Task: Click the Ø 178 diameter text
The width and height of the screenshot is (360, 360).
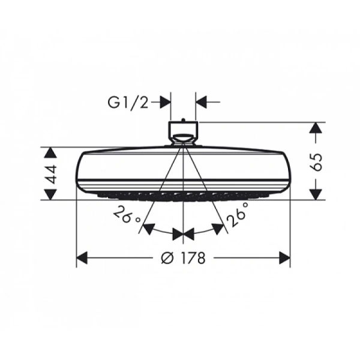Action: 184,258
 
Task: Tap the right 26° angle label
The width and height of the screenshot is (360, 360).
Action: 238,215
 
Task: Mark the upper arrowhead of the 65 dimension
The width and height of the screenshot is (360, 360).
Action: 316,129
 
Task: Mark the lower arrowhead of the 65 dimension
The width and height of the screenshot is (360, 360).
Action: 316,193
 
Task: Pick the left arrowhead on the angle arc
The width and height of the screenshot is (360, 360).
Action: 150,229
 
